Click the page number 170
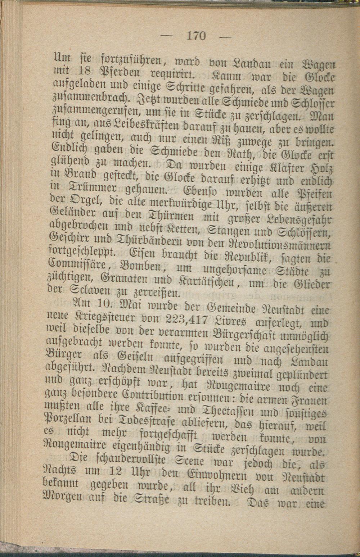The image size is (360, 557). tap(196, 36)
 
